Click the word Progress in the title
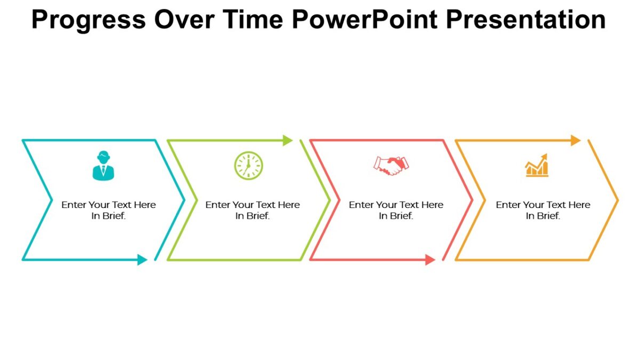[x=88, y=20]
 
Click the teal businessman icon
[x=103, y=166]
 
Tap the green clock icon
[x=249, y=165]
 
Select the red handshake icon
[x=390, y=165]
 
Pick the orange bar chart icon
[x=537, y=166]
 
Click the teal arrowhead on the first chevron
[x=142, y=260]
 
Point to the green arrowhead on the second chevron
[x=287, y=140]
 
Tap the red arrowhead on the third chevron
[x=430, y=260]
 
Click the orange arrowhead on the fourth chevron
[x=575, y=140]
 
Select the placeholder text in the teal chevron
[x=109, y=210]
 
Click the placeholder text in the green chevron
[x=253, y=210]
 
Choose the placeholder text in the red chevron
[x=396, y=210]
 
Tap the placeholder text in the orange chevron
[x=543, y=210]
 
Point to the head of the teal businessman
[x=103, y=157]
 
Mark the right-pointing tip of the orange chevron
[x=618, y=201]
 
